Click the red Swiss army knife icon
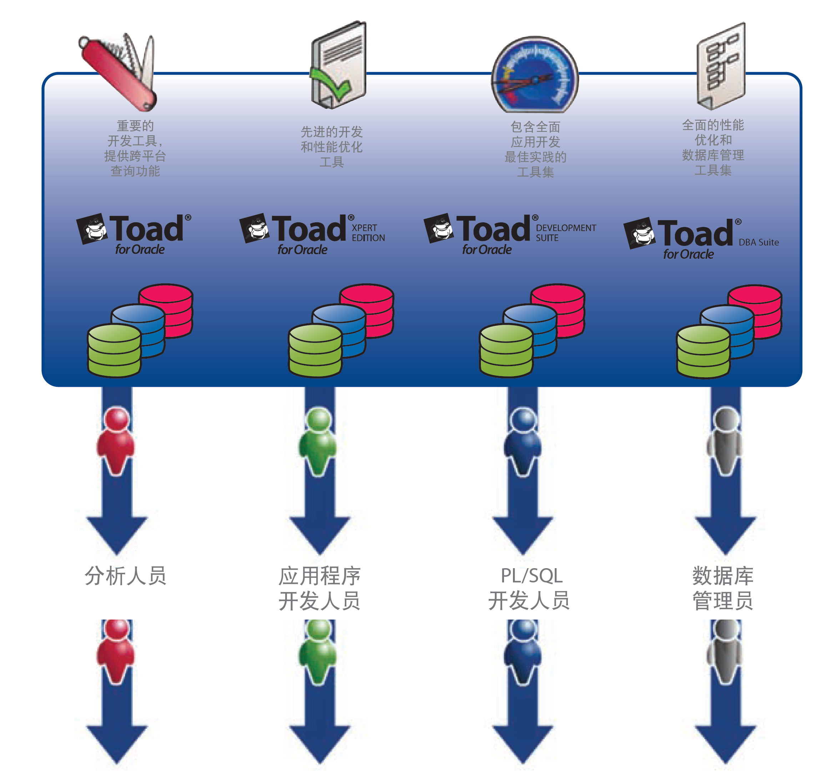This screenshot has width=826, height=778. (119, 73)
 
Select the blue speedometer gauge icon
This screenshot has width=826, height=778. (535, 75)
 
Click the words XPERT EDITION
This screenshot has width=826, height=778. (368, 233)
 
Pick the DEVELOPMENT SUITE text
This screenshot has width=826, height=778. (565, 233)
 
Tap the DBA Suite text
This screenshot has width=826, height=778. (758, 243)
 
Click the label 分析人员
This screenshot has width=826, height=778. (126, 576)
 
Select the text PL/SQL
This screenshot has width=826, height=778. (532, 576)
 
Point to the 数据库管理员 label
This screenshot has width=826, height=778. (722, 588)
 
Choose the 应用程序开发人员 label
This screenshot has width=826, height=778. (319, 588)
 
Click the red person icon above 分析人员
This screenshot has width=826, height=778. (116, 440)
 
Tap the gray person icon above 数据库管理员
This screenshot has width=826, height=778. (725, 440)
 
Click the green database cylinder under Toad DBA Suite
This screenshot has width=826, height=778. (703, 352)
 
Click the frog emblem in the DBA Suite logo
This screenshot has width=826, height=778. (640, 233)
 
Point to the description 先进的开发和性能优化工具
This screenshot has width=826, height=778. (332, 147)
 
